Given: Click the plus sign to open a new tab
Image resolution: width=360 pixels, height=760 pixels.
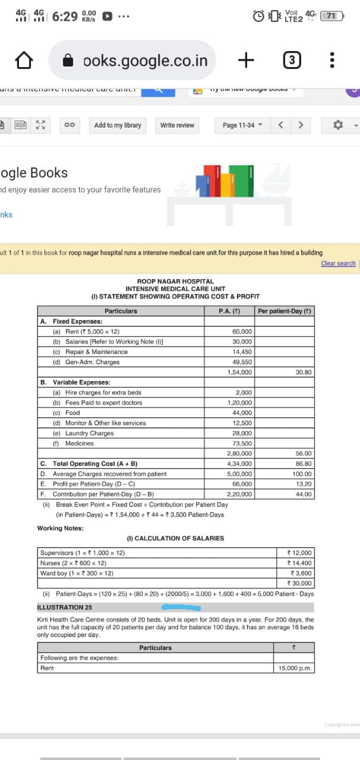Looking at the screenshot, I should pos(246,59).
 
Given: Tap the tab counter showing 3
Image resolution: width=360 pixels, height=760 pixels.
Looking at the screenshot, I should pos(291,60).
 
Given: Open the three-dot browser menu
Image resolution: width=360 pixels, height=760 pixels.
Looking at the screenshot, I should pos(332,60).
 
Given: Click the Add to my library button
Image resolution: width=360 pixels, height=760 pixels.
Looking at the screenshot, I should pos(118,125).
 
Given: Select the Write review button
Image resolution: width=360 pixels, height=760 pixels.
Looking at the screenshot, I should pos(177,125).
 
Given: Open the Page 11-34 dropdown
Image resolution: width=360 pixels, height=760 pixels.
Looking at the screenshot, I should pos(242,125).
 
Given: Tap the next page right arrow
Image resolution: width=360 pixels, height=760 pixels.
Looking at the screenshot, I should pos(301,125).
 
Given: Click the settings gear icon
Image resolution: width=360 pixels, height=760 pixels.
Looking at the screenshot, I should pos(338,125).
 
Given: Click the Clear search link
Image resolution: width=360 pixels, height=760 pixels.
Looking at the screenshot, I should pos(338,263).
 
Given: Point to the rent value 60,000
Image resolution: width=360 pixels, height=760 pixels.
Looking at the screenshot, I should pos(242,331).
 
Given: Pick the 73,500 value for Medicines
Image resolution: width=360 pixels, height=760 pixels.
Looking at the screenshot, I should pos(242,444).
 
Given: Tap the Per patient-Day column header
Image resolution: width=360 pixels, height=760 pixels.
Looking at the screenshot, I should pos(285,311).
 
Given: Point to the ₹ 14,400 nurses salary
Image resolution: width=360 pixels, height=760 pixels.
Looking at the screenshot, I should pos(299,563).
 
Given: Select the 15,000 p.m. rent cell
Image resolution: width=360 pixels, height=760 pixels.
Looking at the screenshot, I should pos(295,668).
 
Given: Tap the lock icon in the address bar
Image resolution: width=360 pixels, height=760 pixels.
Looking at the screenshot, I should pos(68,60).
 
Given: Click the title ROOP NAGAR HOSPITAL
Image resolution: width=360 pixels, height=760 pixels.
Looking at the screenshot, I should pos(175,281).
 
